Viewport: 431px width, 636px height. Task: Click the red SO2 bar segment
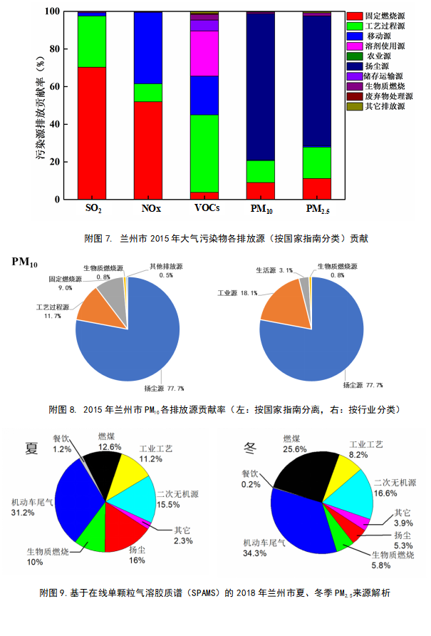pyautogui.click(x=91, y=133)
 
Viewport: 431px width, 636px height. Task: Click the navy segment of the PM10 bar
pyautogui.click(x=260, y=86)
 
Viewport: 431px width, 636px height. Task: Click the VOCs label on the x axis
pyautogui.click(x=207, y=209)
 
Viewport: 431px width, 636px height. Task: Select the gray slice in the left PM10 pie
pyautogui.click(x=111, y=293)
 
